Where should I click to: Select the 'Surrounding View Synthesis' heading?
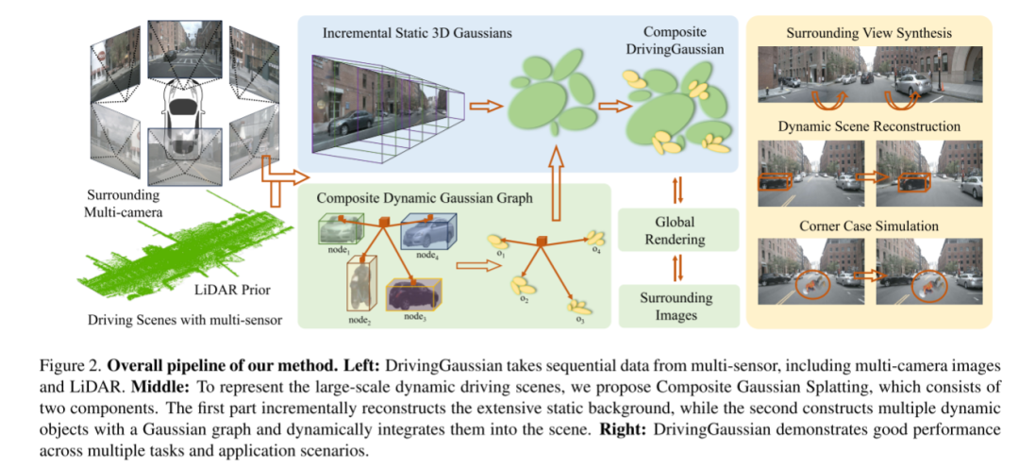point(869,33)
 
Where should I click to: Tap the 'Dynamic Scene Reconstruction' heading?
point(869,125)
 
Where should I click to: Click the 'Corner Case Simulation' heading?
point(869,225)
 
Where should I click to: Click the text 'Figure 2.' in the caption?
point(106,365)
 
